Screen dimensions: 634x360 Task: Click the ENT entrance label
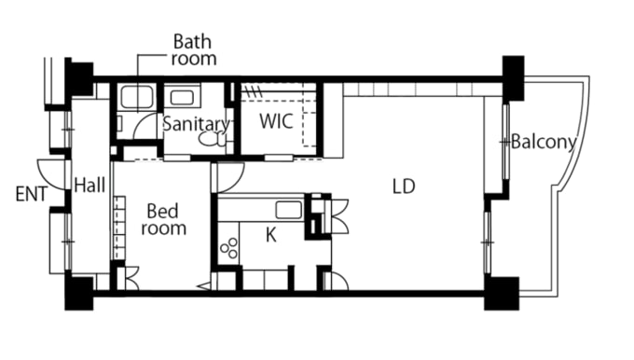point(32,194)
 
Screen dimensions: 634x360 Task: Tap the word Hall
point(90,186)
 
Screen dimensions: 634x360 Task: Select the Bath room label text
point(194,49)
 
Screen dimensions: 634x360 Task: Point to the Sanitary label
point(196,125)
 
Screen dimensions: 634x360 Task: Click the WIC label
point(276,121)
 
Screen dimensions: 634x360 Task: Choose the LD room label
point(404,187)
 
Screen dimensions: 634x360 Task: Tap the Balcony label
point(544,142)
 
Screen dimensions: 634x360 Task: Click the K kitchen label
point(271,235)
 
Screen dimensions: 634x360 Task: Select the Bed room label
point(164,220)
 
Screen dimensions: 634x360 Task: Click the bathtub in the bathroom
point(137,97)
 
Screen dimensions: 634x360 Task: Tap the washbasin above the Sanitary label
point(182,98)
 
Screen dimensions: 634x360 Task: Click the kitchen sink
point(289,211)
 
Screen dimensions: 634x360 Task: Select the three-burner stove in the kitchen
point(228,248)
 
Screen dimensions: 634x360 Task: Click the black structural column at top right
point(513,77)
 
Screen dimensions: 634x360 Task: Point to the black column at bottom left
point(79,293)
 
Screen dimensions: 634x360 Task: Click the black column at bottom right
point(502,293)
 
